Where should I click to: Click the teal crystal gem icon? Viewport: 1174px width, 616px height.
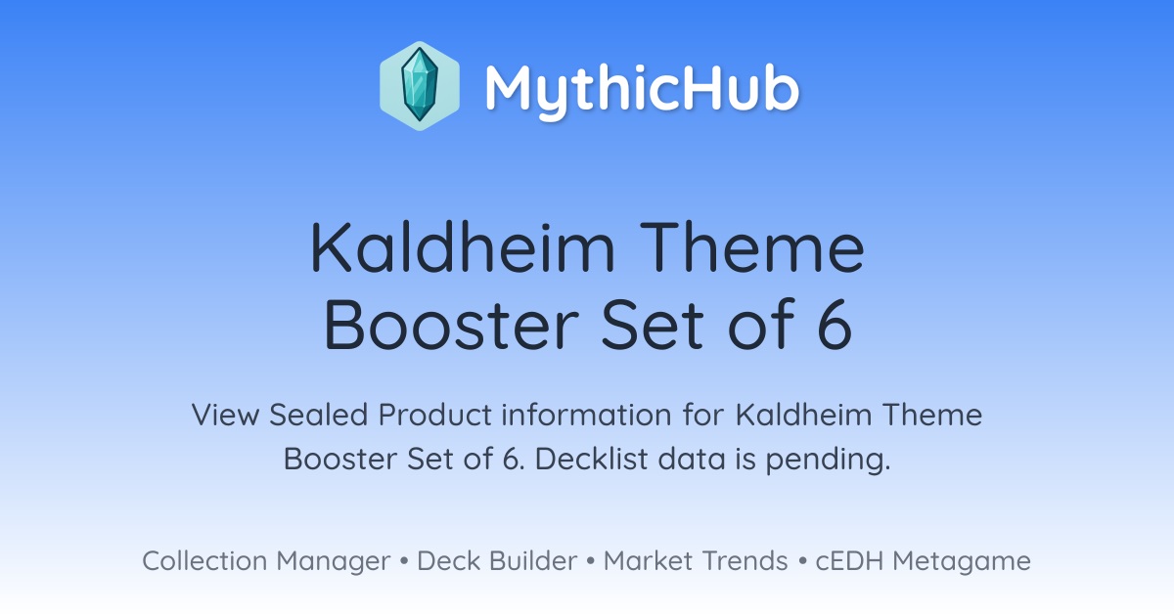[x=420, y=85]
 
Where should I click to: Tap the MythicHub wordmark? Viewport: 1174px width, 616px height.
[x=642, y=89]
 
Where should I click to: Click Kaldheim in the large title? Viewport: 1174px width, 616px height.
[x=463, y=246]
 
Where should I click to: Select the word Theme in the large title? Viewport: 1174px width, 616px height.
[x=752, y=246]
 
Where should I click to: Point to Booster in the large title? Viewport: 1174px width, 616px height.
[x=451, y=324]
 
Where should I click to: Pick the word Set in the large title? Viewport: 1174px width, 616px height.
[x=652, y=324]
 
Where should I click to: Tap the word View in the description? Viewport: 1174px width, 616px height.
[x=225, y=415]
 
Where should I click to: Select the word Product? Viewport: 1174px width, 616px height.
[x=435, y=415]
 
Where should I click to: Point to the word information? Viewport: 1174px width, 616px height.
[x=586, y=415]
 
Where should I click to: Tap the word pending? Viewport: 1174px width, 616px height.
[x=828, y=460]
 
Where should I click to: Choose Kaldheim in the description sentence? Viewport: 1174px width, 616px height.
[x=804, y=415]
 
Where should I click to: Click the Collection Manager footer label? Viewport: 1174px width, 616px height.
[x=266, y=561]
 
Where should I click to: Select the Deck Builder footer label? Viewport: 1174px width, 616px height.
[x=497, y=560]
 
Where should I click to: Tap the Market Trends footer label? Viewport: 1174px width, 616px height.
[x=696, y=560]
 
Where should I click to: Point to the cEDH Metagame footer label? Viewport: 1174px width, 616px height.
[x=923, y=561]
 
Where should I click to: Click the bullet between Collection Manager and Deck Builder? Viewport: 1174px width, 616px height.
[x=403, y=561]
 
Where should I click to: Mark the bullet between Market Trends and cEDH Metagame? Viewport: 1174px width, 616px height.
[x=802, y=561]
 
